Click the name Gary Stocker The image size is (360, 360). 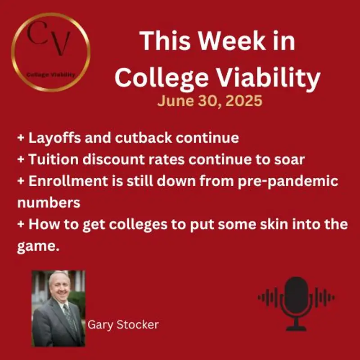coord(123,324)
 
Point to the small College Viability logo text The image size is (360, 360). coord(50,75)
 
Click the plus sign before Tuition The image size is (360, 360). coord(21,160)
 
